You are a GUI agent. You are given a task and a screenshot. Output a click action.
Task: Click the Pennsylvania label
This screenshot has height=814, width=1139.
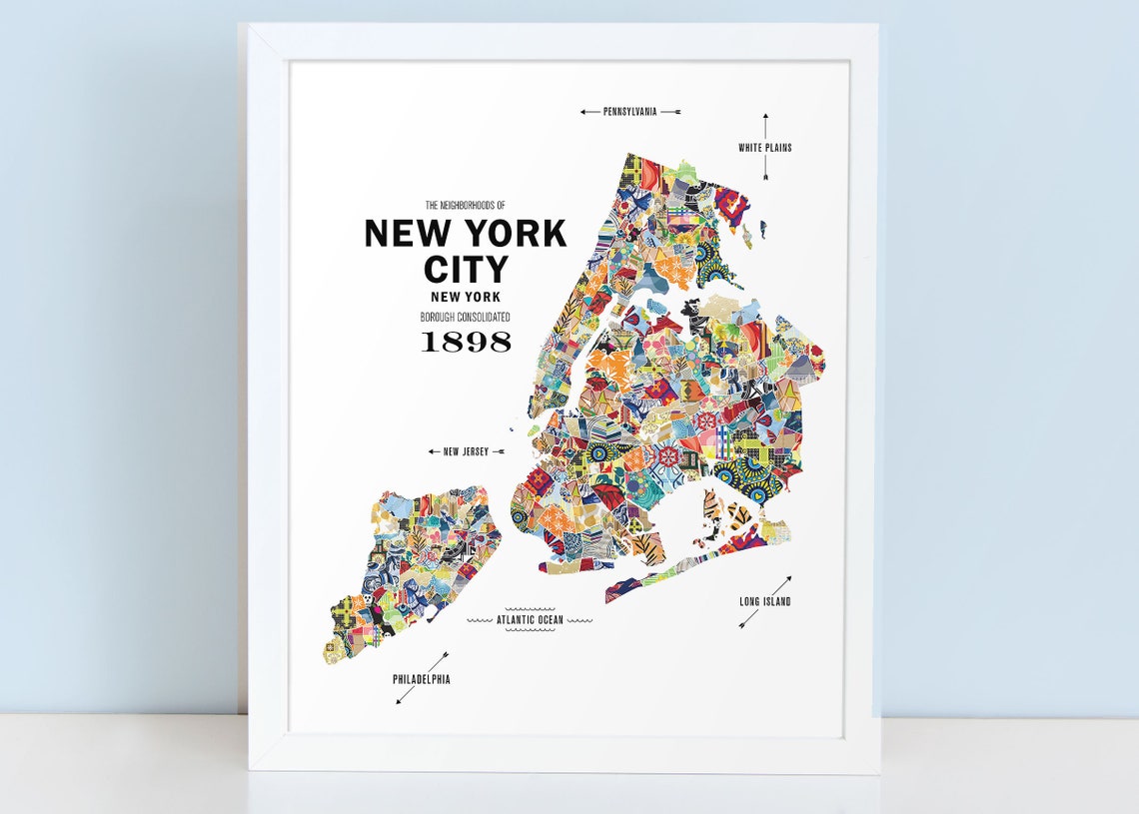point(629,112)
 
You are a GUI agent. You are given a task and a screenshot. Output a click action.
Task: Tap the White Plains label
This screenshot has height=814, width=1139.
point(765,148)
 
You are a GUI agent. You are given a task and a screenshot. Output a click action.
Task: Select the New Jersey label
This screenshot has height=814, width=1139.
point(466,451)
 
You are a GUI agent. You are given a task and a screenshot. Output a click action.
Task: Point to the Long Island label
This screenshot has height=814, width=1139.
point(765,601)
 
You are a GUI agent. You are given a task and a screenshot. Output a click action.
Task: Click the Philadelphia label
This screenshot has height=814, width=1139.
point(421,679)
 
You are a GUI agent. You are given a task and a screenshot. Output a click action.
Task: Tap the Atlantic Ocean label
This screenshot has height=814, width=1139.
point(531,620)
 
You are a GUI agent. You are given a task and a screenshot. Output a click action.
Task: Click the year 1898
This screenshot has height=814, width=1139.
point(466,342)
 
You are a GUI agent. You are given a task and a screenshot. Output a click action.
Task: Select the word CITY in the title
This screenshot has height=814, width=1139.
point(466,270)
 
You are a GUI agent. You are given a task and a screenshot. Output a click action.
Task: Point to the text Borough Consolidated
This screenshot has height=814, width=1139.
point(466,317)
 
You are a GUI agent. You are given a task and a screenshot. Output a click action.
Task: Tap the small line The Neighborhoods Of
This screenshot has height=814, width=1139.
point(466,205)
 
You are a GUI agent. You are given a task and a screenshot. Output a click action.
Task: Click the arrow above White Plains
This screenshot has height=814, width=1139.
point(765,126)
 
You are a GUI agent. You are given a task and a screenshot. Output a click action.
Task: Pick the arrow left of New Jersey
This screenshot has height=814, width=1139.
point(435,451)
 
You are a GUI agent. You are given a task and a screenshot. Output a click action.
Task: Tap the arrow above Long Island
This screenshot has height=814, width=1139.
point(783,583)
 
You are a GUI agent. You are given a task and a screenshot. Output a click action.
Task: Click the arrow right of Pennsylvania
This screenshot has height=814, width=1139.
point(670,112)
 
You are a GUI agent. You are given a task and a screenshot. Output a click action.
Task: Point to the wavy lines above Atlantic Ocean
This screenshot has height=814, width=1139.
point(531,608)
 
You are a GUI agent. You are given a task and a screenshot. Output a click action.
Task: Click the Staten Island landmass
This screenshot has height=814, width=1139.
point(410,569)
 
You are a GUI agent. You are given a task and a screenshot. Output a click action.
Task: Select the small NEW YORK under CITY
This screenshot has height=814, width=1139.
point(466,297)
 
